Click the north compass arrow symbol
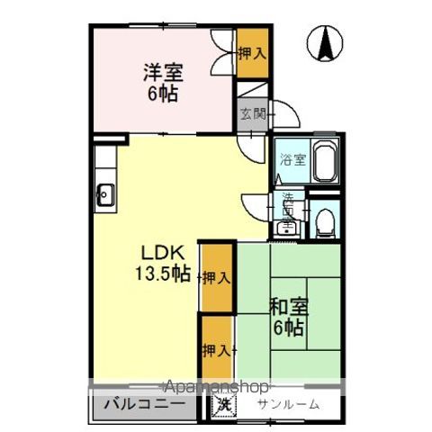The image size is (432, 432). pyautogui.click(x=325, y=43)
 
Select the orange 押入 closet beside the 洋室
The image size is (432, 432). pyautogui.click(x=252, y=53)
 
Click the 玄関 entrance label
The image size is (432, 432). pyautogui.click(x=252, y=114)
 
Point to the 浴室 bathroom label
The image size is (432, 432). pyautogui.click(x=292, y=161)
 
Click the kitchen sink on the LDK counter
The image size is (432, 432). pyautogui.click(x=105, y=192)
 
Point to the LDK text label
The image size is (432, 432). pyautogui.click(x=156, y=253)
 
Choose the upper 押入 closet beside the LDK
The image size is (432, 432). pyautogui.click(x=216, y=277)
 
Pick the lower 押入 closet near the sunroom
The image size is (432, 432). pyautogui.click(x=216, y=349)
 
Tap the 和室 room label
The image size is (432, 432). pyautogui.click(x=289, y=305)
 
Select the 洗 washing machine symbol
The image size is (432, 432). pyautogui.click(x=220, y=404)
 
